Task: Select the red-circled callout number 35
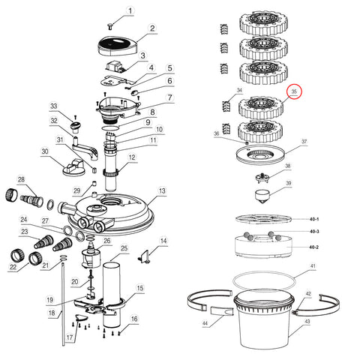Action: (x=294, y=92)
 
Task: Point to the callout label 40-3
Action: (x=314, y=232)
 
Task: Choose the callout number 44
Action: (x=204, y=324)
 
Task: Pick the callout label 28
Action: (x=21, y=179)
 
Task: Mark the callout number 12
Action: (x=131, y=157)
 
